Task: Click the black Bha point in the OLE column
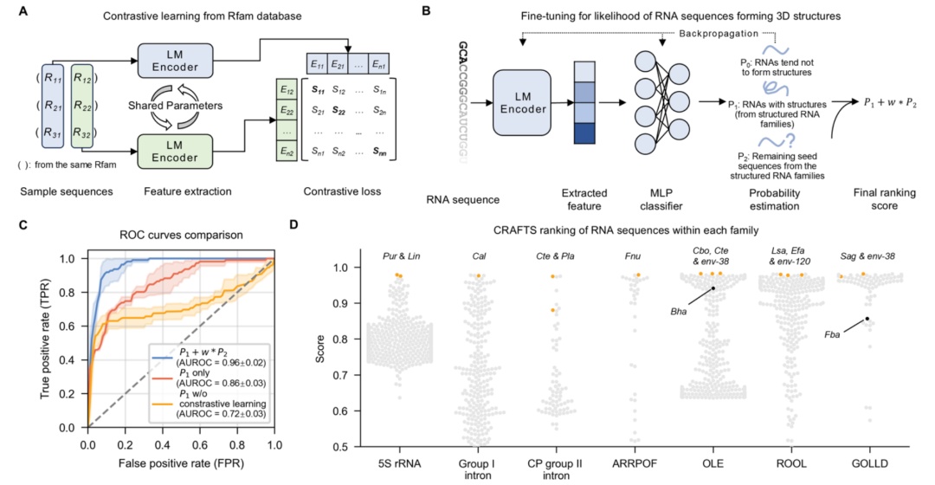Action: coord(713,288)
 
